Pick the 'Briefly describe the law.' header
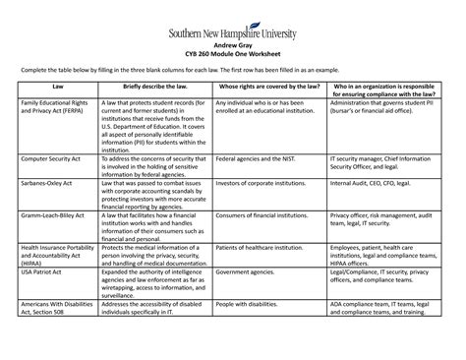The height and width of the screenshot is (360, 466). [x=149, y=89]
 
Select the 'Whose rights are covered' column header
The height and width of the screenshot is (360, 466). [x=268, y=89]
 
